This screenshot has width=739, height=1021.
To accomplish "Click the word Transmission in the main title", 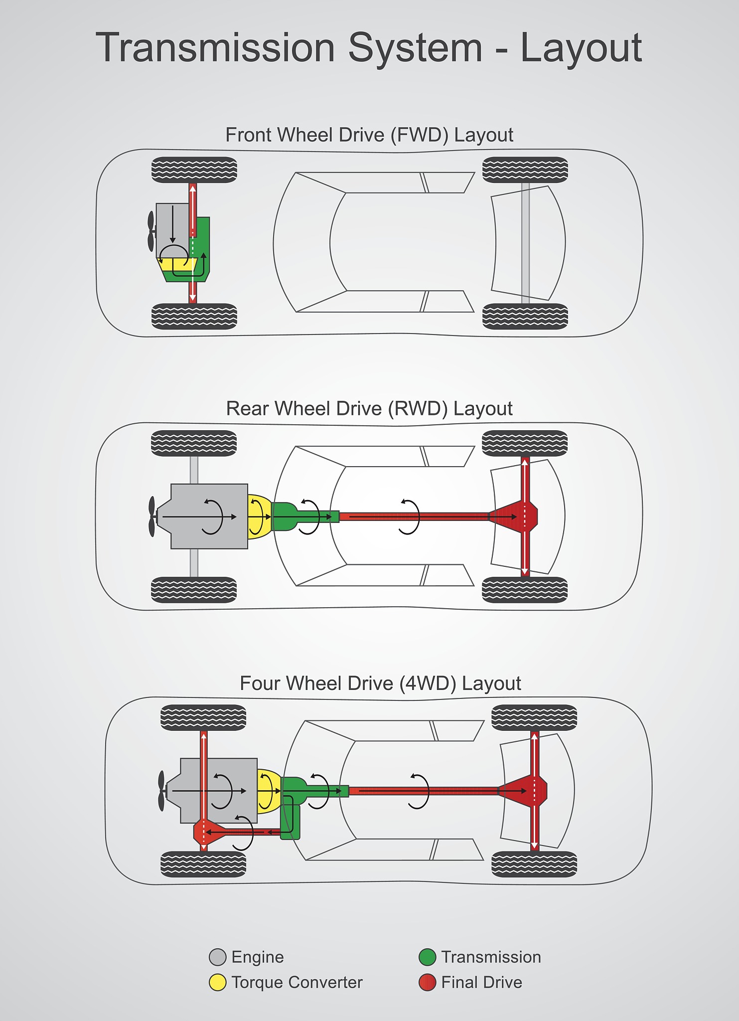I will [215, 48].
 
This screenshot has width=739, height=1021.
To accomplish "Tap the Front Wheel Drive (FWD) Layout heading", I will [369, 135].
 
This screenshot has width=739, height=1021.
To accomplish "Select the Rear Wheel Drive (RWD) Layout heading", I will [369, 409].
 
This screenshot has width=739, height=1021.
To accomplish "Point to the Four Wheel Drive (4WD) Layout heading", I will [380, 683].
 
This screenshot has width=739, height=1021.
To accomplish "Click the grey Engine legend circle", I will [218, 957].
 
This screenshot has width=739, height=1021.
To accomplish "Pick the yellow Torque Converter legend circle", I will [218, 982].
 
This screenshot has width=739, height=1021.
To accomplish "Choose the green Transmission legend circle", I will [428, 957].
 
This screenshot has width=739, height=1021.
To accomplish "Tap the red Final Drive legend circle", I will [428, 982].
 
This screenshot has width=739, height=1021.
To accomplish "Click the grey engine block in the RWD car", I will [209, 516].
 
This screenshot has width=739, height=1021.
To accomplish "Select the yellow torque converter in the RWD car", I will [259, 516].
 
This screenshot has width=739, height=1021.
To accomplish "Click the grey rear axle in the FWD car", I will [525, 243].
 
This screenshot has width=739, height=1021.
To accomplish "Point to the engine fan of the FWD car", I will [151, 231].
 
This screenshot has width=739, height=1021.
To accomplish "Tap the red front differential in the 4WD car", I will [203, 832].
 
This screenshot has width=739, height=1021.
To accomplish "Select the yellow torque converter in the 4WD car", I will [268, 791].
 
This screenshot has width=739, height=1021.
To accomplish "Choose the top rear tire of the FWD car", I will [525, 170].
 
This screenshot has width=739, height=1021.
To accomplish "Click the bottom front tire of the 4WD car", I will [203, 864].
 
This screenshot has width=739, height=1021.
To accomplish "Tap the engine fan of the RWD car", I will [152, 516].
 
